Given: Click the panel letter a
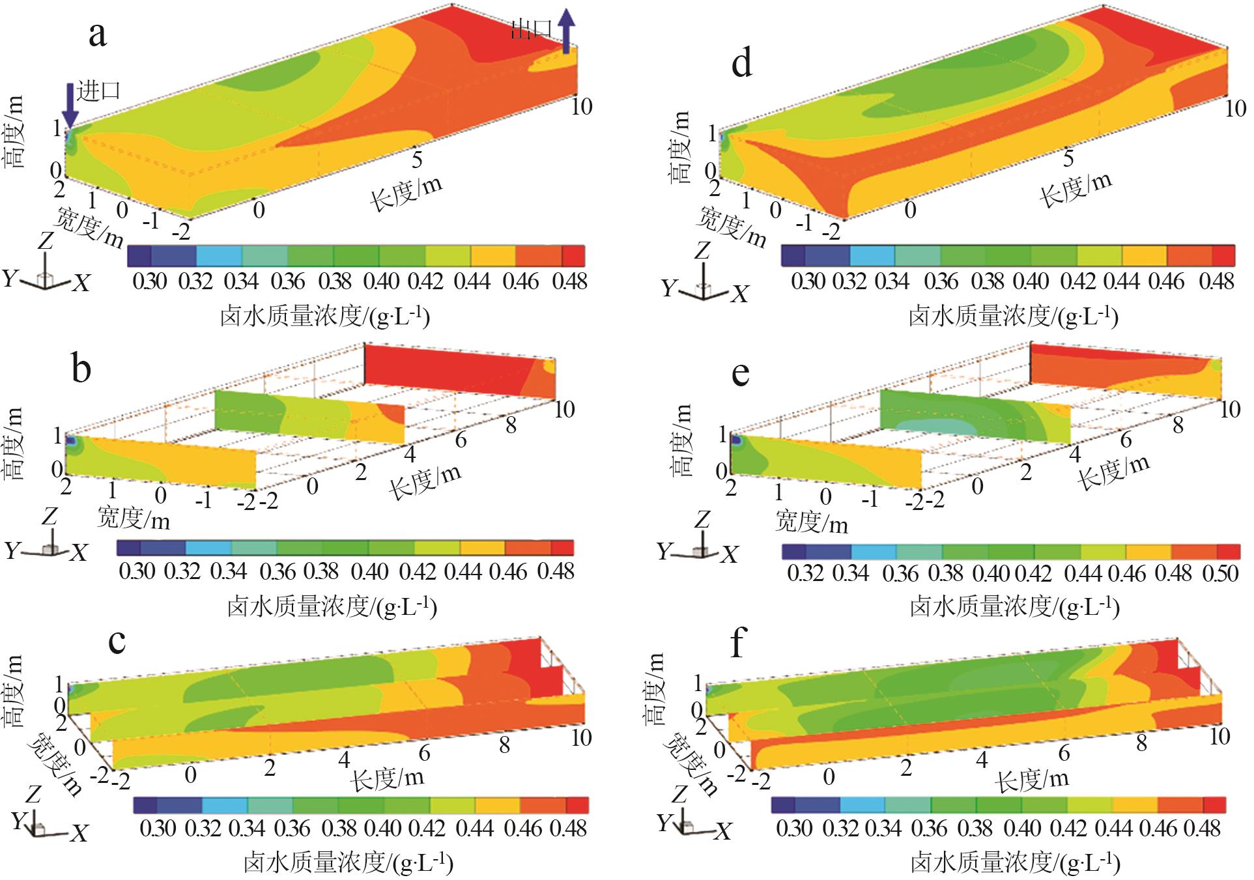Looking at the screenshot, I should (x=98, y=34).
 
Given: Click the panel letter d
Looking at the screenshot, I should (x=742, y=63).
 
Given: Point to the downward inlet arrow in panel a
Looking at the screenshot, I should (x=70, y=104).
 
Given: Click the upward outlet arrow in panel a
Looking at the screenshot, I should (x=567, y=31).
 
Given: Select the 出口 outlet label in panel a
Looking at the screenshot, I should (x=532, y=29).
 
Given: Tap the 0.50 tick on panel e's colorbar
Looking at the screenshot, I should (x=1220, y=573).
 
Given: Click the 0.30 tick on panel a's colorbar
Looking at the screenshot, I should (x=150, y=281).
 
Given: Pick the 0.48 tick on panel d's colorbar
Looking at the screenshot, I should (x=1216, y=281).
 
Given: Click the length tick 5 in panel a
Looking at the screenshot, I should (x=417, y=158).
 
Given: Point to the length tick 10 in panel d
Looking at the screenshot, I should (x=1235, y=108).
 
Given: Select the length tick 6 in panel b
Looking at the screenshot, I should (x=461, y=440).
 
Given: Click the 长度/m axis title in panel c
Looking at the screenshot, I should (x=388, y=778).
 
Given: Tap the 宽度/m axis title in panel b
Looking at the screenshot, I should (x=134, y=518).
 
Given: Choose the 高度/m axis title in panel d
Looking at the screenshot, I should (x=680, y=147).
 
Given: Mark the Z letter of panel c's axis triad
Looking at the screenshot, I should (x=33, y=794).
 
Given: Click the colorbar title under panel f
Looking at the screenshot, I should (x=1014, y=863).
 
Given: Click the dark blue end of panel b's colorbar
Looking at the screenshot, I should (x=128, y=548).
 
